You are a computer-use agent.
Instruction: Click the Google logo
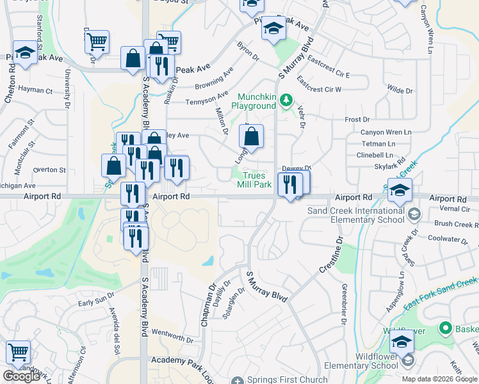pyautogui.click(x=21, y=376)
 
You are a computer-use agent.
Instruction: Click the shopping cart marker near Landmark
pyautogui.click(x=18, y=353)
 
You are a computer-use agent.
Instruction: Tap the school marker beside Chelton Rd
pyautogui.click(x=25, y=54)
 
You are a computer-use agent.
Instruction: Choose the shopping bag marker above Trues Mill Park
pyautogui.click(x=252, y=136)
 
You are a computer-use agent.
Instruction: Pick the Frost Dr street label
pyautogui.click(x=357, y=120)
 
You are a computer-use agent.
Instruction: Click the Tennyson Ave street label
pyautogui.click(x=207, y=99)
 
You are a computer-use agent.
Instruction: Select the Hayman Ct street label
pyautogui.click(x=35, y=90)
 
